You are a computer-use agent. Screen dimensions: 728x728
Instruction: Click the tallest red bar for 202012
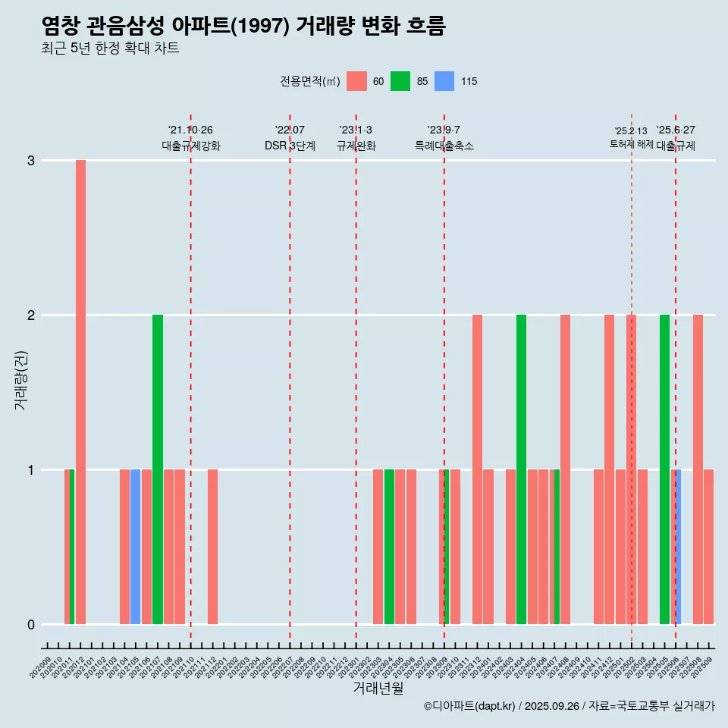pyautogui.click(x=80, y=391)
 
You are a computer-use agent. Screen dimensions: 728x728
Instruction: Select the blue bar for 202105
pyautogui.click(x=135, y=547)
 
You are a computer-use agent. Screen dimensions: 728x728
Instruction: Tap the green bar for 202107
pyautogui.click(x=158, y=469)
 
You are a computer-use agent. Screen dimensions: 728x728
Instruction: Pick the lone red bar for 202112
pyautogui.click(x=213, y=547)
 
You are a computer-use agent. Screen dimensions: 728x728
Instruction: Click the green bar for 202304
pyautogui.click(x=389, y=547)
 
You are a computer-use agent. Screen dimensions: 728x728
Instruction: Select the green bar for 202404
pyautogui.click(x=521, y=469)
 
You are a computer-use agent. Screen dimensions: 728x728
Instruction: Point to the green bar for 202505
pyautogui.click(x=664, y=469)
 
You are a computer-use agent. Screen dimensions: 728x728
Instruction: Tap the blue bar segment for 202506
pyautogui.click(x=678, y=547)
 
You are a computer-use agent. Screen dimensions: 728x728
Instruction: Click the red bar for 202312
pyautogui.click(x=477, y=469)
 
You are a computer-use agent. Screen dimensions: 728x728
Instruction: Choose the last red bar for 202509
pyautogui.click(x=708, y=547)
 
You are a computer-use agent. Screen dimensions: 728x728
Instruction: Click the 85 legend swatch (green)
pyautogui.click(x=400, y=81)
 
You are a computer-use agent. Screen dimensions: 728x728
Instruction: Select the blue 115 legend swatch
pyautogui.click(x=444, y=81)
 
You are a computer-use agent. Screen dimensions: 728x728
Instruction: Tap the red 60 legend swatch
pyautogui.click(x=356, y=81)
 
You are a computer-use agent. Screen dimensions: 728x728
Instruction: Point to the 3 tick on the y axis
pyautogui.click(x=31, y=161)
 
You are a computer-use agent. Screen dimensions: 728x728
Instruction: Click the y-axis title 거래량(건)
pyautogui.click(x=20, y=379)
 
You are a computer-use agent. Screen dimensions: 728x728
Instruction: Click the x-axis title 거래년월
pyautogui.click(x=378, y=688)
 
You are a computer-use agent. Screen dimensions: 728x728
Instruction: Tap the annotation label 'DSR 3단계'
pyautogui.click(x=290, y=146)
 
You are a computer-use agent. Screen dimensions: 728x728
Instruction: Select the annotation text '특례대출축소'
pyautogui.click(x=444, y=146)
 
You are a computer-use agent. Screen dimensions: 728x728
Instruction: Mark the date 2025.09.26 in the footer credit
pyautogui.click(x=551, y=706)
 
